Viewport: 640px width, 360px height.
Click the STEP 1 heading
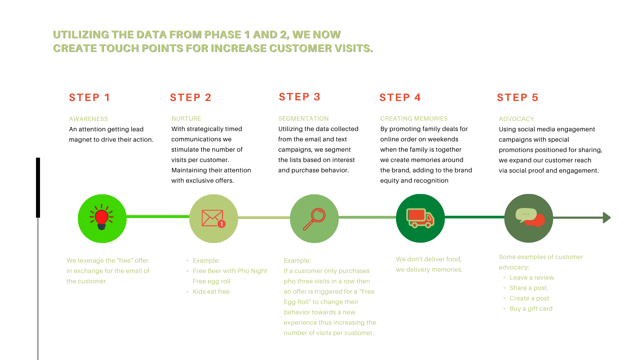click(89, 97)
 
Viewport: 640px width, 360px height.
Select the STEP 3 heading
click(299, 97)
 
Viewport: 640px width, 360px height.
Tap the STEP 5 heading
click(517, 97)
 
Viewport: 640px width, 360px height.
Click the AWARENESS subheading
click(88, 119)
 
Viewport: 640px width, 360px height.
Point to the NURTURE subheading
click(186, 118)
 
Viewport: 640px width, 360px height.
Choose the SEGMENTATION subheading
click(303, 118)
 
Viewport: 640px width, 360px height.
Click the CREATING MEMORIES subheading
click(414, 118)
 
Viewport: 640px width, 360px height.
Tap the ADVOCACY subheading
click(516, 119)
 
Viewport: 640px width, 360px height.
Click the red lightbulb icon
click(102, 218)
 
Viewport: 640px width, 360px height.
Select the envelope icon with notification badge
click(213, 218)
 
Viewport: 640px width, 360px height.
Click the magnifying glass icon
click(314, 219)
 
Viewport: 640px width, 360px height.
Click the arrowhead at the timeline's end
click(607, 218)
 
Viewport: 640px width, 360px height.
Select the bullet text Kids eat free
click(211, 292)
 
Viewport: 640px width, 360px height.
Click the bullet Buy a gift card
click(531, 309)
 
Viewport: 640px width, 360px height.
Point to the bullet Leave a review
click(532, 278)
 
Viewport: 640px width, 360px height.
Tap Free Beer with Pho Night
click(230, 271)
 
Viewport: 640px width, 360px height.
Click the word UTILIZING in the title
click(80, 34)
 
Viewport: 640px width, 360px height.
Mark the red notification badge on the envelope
click(221, 224)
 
